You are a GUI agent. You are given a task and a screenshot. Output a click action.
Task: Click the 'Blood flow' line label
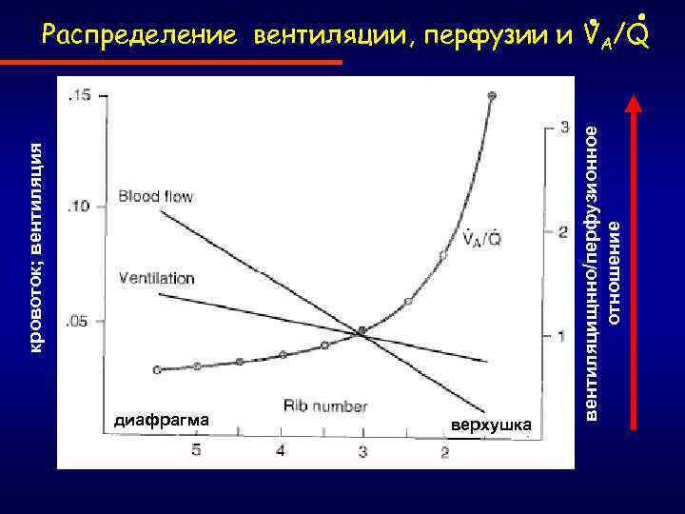[155, 197]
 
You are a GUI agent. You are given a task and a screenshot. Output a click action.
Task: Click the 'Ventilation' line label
[156, 279]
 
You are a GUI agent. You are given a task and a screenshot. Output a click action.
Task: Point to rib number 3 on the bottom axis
[362, 450]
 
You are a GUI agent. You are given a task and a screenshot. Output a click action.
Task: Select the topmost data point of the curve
[492, 96]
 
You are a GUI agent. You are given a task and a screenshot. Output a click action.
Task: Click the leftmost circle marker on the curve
[158, 369]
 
